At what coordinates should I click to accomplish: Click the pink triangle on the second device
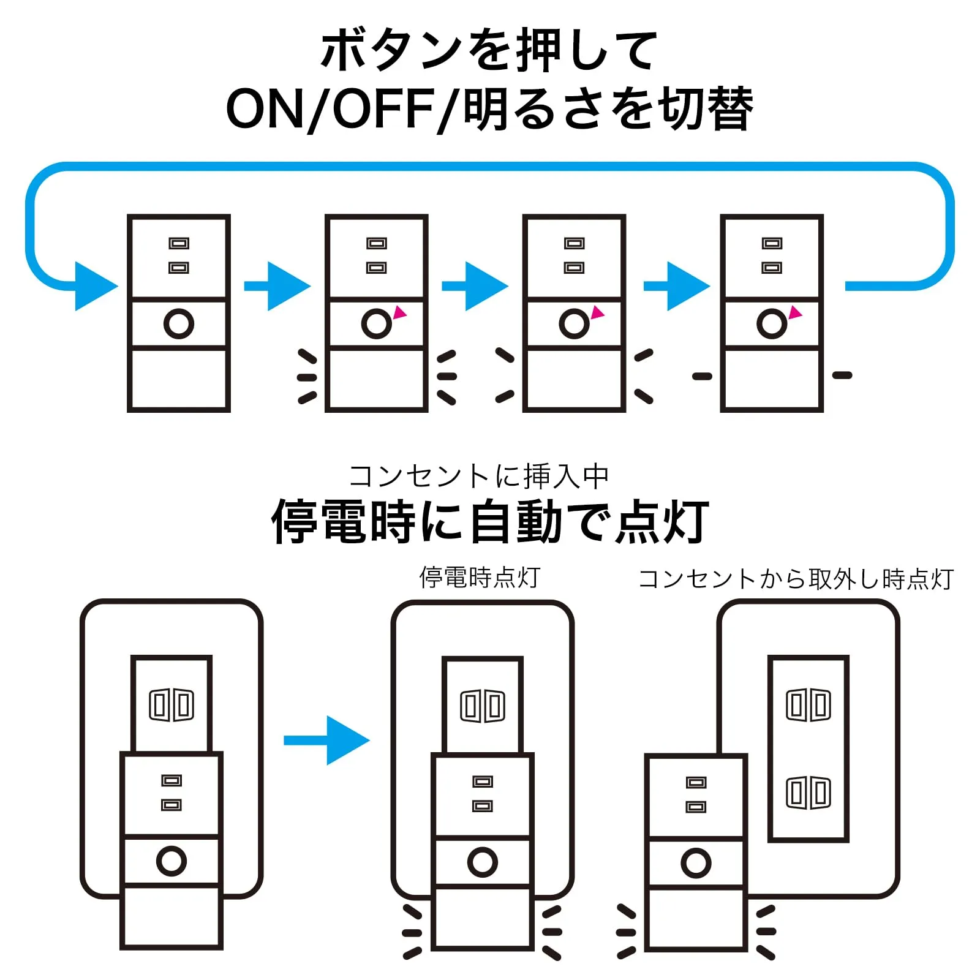[400, 312]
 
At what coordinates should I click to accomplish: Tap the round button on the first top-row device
[179, 323]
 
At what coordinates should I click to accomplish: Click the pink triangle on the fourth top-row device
[795, 313]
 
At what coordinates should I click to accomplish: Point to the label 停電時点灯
[480, 578]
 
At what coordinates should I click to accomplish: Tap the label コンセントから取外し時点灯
[796, 579]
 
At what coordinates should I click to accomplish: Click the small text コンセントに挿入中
[478, 476]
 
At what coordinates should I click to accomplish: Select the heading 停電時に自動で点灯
[490, 521]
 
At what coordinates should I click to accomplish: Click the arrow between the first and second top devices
[277, 286]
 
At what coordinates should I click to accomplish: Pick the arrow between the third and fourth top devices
[677, 286]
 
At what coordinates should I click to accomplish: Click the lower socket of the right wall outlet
[809, 793]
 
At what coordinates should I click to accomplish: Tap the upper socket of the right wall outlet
[809, 705]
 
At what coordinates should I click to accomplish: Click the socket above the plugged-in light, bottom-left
[171, 705]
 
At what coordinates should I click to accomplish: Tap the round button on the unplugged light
[696, 863]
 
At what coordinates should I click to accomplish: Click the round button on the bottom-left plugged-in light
[171, 861]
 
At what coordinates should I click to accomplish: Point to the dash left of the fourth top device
[702, 376]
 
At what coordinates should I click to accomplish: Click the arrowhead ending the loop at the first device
[95, 286]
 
